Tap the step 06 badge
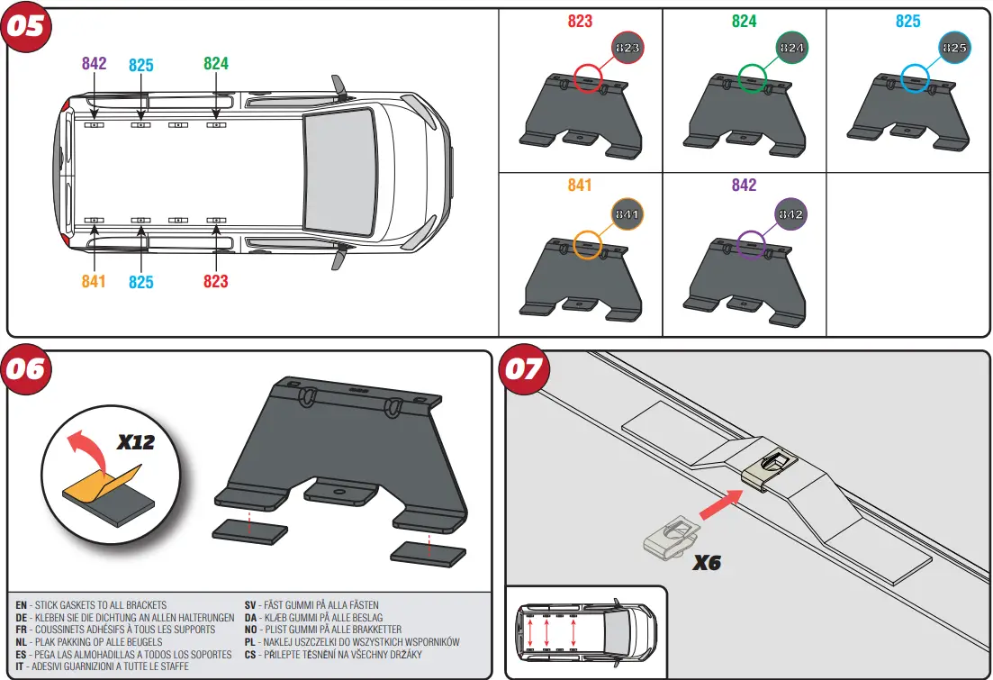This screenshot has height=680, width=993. pos(28,370)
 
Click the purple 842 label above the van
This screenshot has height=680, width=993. pos(94,64)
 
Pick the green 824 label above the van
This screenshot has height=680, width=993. pos(216,64)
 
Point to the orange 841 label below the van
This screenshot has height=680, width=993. pos(94,282)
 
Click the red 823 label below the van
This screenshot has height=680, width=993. pos(216,282)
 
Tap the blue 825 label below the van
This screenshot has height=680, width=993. pos(141,282)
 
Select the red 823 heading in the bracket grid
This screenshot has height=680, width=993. pos(580,21)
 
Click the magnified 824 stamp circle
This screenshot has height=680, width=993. pos(791,47)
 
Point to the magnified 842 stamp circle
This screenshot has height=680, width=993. pos(791,214)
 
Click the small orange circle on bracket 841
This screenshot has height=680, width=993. pos(587,244)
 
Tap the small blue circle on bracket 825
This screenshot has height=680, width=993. pos(915,78)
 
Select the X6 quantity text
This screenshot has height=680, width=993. pos(707,564)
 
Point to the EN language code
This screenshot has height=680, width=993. pos(21,605)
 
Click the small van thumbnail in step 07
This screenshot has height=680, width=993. pos(585,631)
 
